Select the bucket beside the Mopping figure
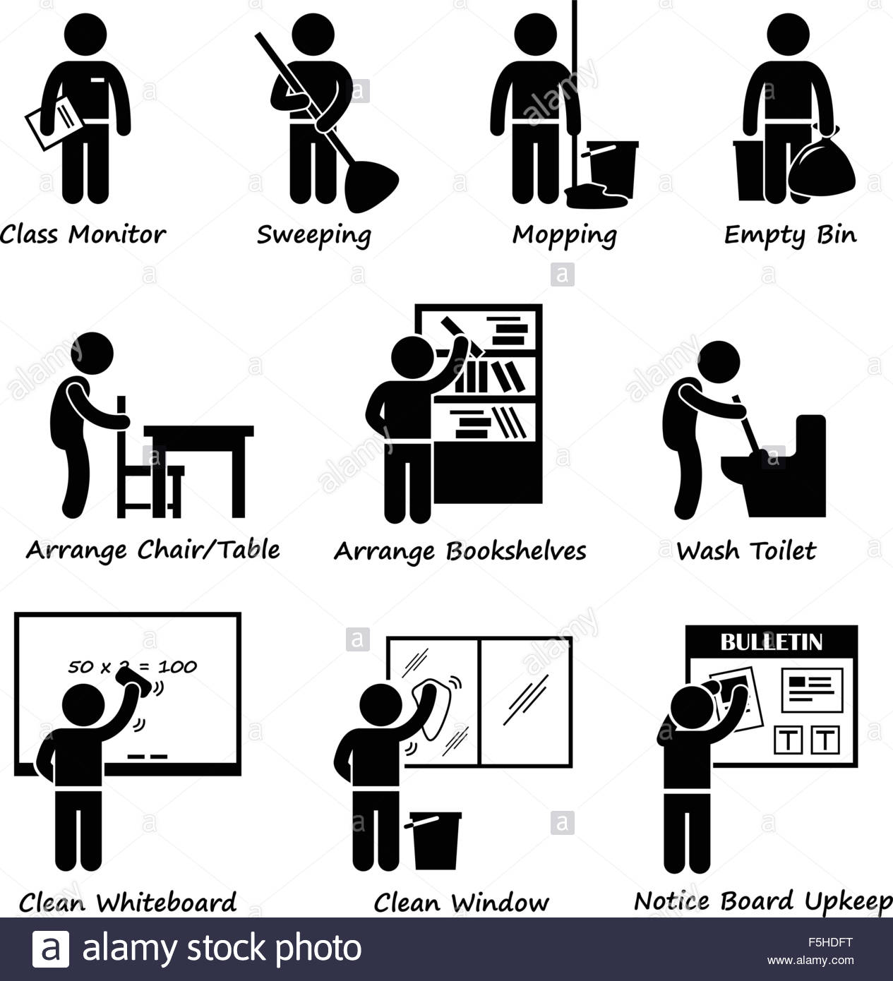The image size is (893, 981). [x=612, y=168]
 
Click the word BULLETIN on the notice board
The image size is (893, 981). [x=771, y=642]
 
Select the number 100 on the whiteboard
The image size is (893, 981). [x=177, y=666]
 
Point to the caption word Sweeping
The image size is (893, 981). [x=313, y=235]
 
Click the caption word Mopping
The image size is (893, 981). [x=564, y=235]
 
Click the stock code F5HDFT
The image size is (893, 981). [x=832, y=941]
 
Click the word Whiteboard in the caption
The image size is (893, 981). [x=166, y=903]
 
